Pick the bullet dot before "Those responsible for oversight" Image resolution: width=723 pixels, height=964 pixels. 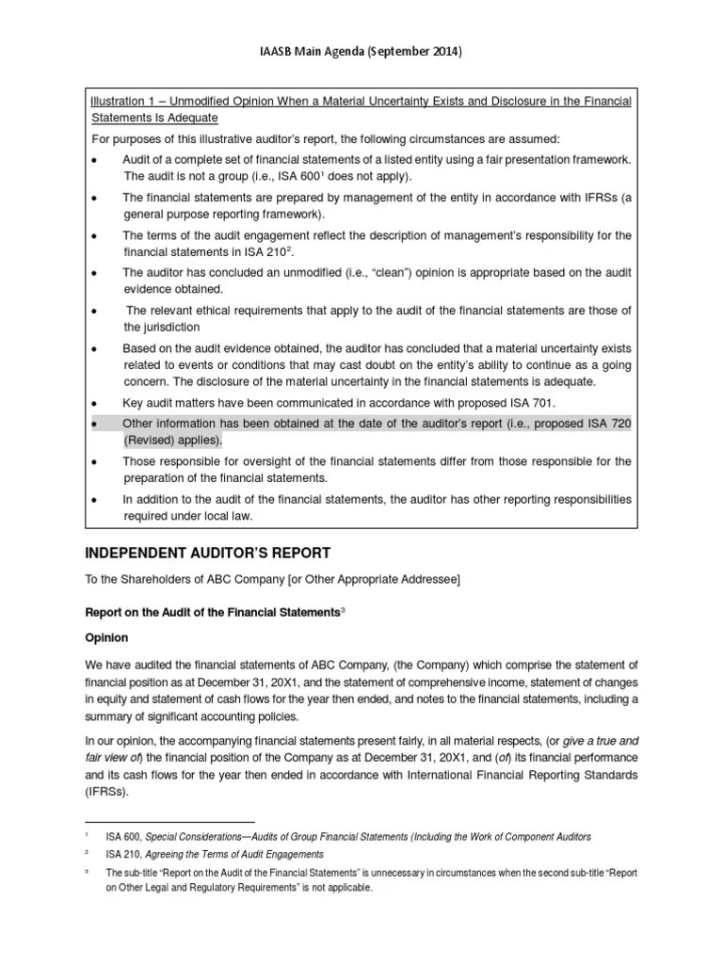tap(94, 462)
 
